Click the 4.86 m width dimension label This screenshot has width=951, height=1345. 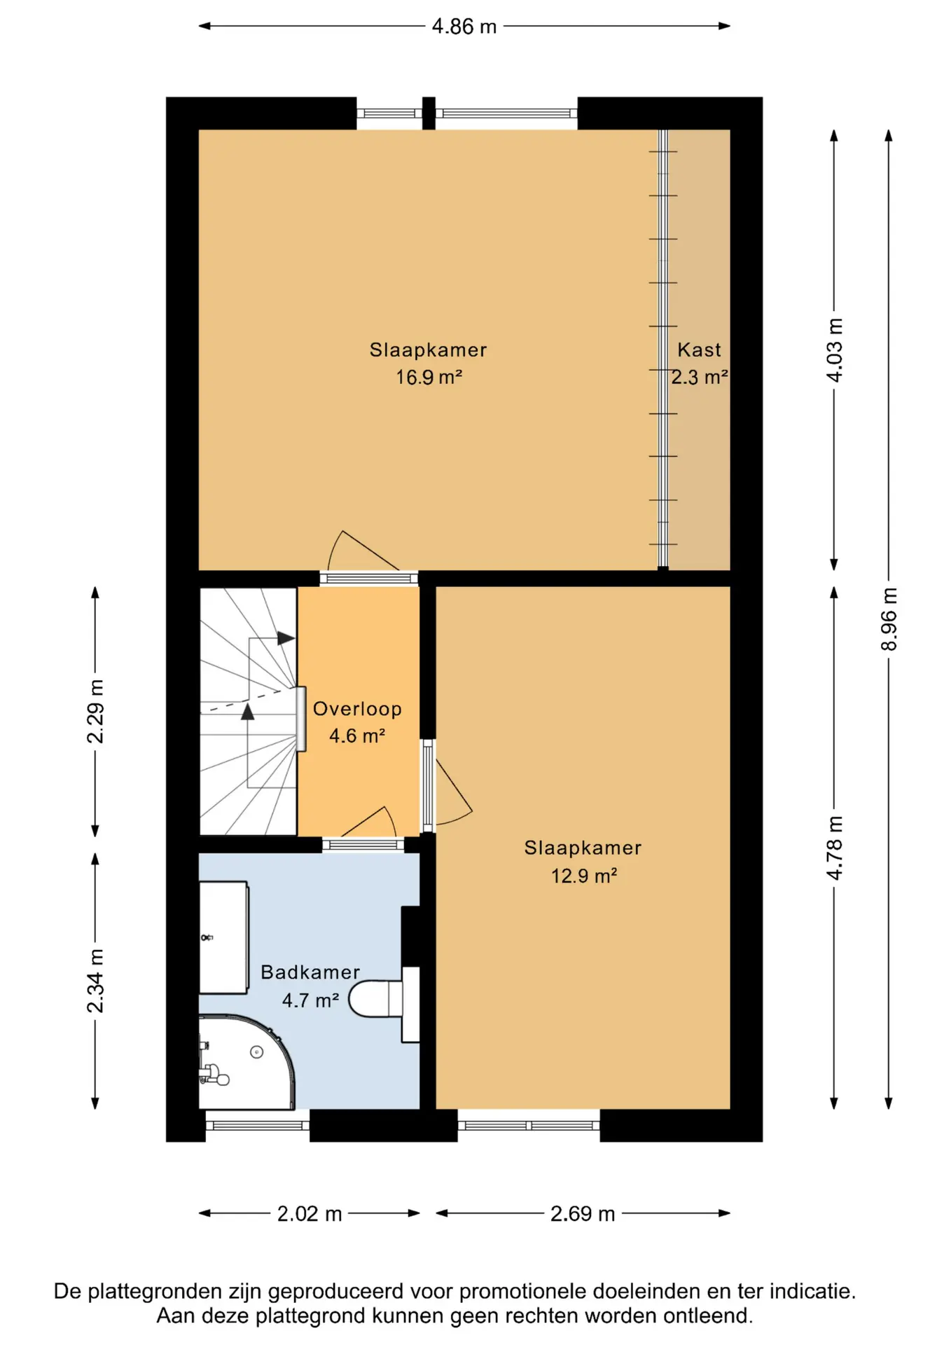[x=464, y=27]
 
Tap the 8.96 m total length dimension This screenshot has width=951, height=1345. [x=889, y=619]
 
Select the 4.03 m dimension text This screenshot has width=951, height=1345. [x=834, y=350]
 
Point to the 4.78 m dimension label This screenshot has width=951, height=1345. [x=834, y=848]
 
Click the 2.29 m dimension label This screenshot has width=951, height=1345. [x=95, y=711]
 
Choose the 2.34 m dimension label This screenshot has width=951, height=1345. [x=95, y=981]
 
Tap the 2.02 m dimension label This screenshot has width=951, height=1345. [x=310, y=1213]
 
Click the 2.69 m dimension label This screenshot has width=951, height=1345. [x=583, y=1213]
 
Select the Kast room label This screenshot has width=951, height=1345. [x=699, y=350]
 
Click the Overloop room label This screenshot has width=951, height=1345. [x=357, y=708]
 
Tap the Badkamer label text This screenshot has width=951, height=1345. [x=310, y=972]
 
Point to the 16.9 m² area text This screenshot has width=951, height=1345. [x=429, y=377]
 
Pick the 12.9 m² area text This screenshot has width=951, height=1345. [x=583, y=876]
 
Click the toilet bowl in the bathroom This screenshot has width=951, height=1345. [x=376, y=999]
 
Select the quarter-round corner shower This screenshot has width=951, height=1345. [x=245, y=1062]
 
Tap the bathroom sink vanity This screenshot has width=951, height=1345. [x=224, y=937]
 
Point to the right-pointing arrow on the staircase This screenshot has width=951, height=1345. [x=286, y=638]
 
